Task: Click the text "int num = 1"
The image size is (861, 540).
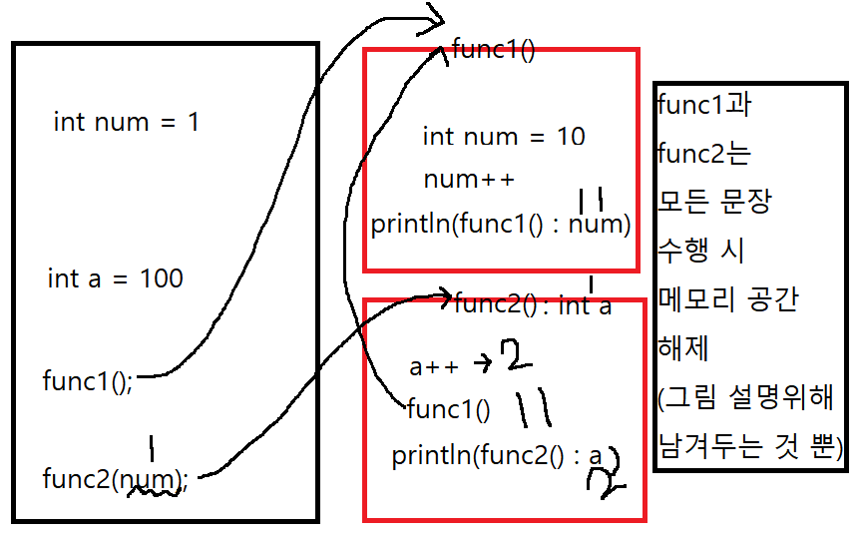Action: [126, 123]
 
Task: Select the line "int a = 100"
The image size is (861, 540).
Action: [115, 278]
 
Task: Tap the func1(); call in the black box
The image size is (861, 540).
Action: [88, 380]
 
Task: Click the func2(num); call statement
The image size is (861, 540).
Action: [115, 479]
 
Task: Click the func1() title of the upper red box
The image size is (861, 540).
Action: [494, 49]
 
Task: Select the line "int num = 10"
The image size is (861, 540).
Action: [504, 136]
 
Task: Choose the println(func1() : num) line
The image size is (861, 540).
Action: [501, 225]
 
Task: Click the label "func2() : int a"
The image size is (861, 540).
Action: [533, 305]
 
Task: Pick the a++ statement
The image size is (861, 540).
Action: [434, 366]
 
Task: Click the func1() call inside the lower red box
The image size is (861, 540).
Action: [448, 408]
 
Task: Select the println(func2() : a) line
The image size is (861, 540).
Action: [498, 456]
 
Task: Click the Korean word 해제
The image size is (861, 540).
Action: [682, 348]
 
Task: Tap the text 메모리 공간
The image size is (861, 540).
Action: [728, 298]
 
